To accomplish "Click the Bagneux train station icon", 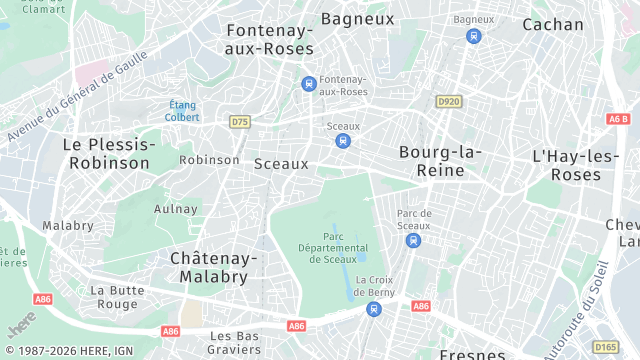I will tap(473, 36).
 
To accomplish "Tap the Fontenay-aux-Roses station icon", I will tap(309, 83).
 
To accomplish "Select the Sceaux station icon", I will tap(343, 141).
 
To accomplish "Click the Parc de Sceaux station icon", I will tap(413, 240).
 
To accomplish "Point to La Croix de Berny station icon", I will tap(373, 309).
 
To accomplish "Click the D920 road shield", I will tap(448, 101).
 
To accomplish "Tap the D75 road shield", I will tap(239, 122).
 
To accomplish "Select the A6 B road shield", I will tap(618, 118).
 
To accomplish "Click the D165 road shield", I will tap(605, 347).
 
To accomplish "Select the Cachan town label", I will tap(552, 24).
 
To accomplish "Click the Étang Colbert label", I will tap(183, 111).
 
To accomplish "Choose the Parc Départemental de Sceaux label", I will tap(332, 248).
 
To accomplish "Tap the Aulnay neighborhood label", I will tap(176, 209).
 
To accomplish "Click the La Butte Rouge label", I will tap(114, 297).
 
